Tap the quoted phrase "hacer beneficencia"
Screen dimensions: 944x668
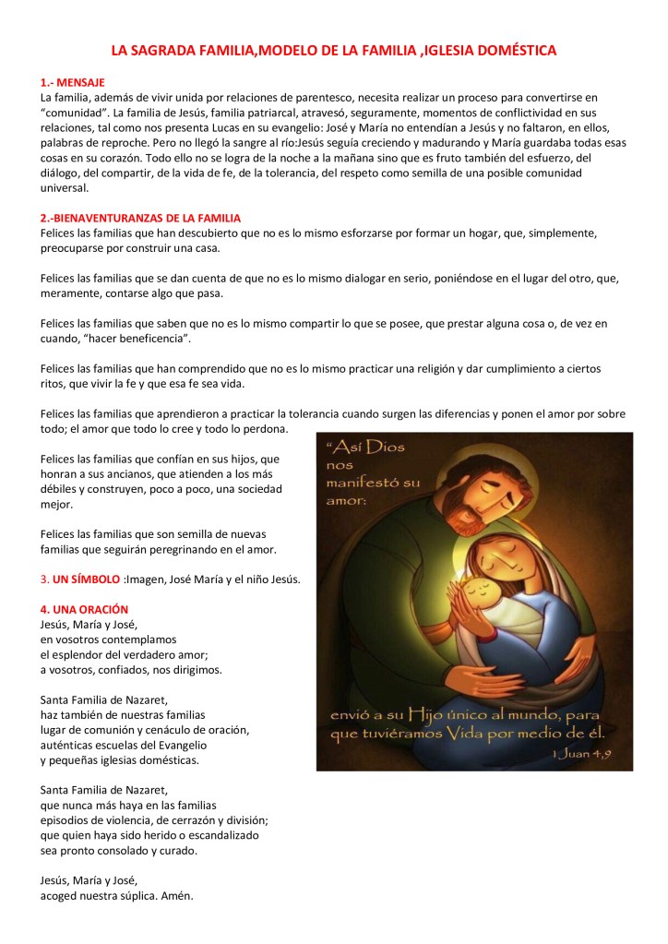click(x=137, y=339)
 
